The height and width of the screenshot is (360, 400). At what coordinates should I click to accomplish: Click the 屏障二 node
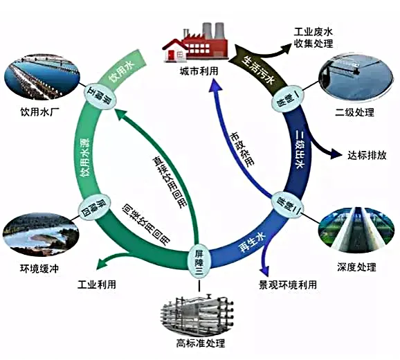282,201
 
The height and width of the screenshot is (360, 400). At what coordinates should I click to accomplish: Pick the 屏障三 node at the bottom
199,260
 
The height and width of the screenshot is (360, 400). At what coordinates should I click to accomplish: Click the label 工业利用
96,284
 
